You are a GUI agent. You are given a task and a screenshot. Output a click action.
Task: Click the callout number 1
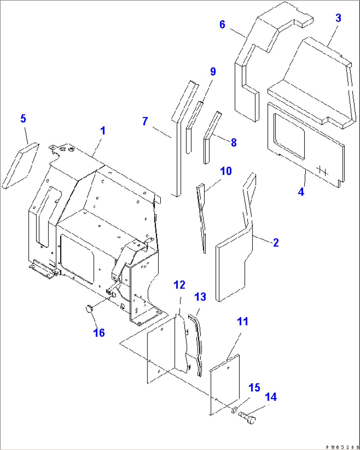[103, 131]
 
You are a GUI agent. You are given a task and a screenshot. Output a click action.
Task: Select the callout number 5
[23, 119]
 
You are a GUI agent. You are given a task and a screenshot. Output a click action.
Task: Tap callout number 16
[99, 332]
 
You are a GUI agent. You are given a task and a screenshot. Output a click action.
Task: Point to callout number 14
[271, 397]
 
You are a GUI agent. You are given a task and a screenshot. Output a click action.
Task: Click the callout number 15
[254, 388]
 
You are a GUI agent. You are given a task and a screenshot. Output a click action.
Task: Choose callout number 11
[243, 321]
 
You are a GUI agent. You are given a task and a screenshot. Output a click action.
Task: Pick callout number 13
[200, 297]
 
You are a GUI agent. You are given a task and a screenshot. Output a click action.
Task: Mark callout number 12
[180, 285]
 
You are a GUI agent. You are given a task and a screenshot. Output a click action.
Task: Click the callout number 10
[226, 171]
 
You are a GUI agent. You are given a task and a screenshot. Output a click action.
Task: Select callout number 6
[222, 24]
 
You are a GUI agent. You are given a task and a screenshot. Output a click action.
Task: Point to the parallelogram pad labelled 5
[20, 165]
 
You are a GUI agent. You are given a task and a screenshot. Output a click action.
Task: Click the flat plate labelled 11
[225, 385]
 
